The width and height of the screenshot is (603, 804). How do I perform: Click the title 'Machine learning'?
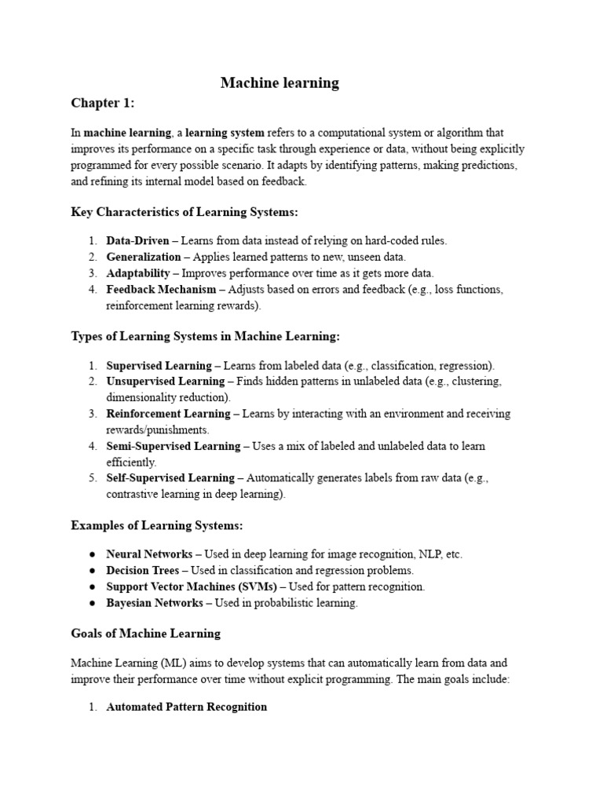coord(280,82)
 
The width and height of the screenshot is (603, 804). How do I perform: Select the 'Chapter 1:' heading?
coord(103,104)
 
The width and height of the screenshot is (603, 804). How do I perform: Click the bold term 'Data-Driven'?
coord(137,241)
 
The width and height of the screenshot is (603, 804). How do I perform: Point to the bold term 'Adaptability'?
coord(138,273)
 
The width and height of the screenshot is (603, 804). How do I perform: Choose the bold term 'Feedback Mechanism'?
coord(161,290)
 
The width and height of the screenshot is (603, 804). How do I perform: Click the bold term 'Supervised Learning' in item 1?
coord(159,365)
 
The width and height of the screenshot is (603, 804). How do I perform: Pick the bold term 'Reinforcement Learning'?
coord(168,414)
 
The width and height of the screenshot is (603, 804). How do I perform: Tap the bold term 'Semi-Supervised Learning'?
coord(173,446)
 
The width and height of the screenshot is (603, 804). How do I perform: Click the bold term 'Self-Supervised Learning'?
coord(170,478)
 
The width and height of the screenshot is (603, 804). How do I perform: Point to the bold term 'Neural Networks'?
coord(149,554)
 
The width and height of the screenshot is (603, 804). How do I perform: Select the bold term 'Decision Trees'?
coord(143,570)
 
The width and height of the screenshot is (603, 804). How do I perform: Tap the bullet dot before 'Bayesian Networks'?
coord(93,603)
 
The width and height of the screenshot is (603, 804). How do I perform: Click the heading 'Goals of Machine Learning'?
coord(146,633)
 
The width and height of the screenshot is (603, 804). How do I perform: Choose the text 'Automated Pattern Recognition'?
coord(187,707)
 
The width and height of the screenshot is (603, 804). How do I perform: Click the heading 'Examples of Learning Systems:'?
coord(151,524)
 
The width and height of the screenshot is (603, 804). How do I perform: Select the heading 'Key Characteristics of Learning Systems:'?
coord(185,212)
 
